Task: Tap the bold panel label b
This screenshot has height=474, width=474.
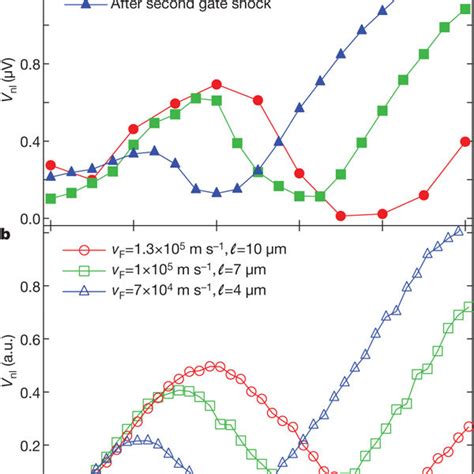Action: (6, 236)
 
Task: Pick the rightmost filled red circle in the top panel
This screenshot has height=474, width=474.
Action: (465, 141)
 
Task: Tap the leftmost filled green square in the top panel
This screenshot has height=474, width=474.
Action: (51, 198)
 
